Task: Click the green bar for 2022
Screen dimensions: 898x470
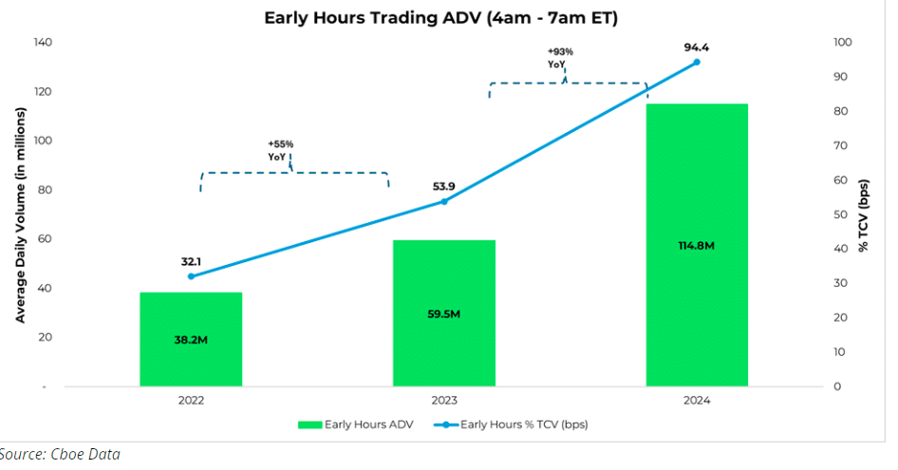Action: [x=191, y=339]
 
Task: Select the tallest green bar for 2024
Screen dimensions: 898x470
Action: [x=697, y=245]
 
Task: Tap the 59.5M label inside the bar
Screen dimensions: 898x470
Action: [x=444, y=314]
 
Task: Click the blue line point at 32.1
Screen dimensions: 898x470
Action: [x=192, y=276]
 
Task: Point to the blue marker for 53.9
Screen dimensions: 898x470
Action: [x=444, y=201]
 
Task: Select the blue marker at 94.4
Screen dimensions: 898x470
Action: [x=697, y=62]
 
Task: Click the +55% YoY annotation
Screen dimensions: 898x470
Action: [x=280, y=150]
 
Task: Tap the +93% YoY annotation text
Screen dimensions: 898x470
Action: [x=560, y=58]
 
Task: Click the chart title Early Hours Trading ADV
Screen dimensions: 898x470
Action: [x=441, y=18]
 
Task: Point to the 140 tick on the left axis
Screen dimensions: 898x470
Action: [x=43, y=42]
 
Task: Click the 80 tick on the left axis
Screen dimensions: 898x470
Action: [x=46, y=190]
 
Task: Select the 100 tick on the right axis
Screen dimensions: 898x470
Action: [x=842, y=42]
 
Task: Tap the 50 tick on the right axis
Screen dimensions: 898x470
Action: [x=840, y=215]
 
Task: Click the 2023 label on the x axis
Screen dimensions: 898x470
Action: [x=444, y=400]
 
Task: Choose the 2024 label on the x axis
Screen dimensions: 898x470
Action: [x=697, y=400]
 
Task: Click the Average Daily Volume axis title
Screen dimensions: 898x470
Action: [x=21, y=215]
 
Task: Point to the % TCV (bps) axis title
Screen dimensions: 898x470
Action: [x=863, y=216]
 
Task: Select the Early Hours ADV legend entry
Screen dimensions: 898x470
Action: [x=356, y=424]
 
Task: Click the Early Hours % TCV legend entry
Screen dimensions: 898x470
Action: [x=511, y=424]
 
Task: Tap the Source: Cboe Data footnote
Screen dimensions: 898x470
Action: [x=60, y=455]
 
